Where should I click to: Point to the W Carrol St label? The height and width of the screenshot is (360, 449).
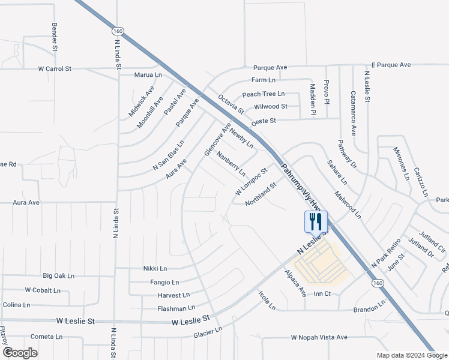click(x=55, y=69)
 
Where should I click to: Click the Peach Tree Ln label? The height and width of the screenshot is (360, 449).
click(x=263, y=94)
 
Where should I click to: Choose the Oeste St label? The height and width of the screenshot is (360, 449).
click(x=263, y=121)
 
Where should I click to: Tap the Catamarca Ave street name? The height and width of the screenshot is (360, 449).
click(x=354, y=112)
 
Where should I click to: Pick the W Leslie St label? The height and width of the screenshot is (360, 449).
click(x=193, y=321)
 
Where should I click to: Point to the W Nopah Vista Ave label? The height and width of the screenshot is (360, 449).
click(x=319, y=338)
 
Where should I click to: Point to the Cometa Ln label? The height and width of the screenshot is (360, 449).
click(x=43, y=337)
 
